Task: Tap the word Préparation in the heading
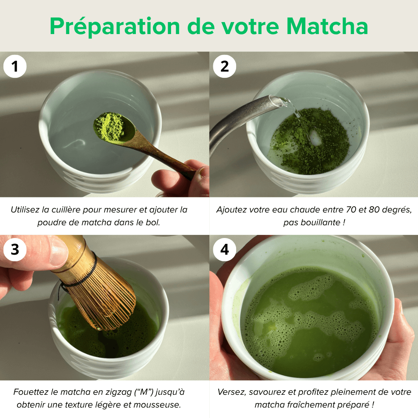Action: (115, 26)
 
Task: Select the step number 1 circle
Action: (15, 67)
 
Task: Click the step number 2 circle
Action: (224, 67)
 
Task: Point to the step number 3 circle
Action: (15, 250)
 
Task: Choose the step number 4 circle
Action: (224, 250)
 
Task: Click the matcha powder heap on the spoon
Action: (110, 125)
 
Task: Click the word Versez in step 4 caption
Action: (231, 392)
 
